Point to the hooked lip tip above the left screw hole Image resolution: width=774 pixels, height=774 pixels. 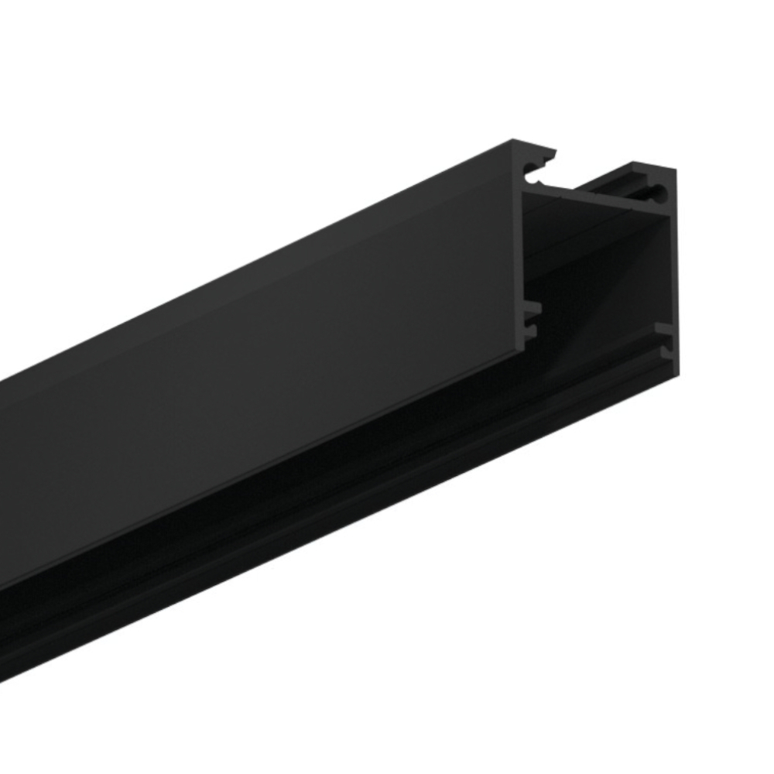coord(551,155)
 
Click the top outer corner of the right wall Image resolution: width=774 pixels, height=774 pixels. coord(675,170)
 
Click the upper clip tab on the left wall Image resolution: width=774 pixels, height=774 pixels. coord(533,308)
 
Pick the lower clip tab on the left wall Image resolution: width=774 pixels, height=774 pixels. coord(532,331)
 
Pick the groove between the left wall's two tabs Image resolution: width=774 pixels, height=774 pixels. coord(533,320)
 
